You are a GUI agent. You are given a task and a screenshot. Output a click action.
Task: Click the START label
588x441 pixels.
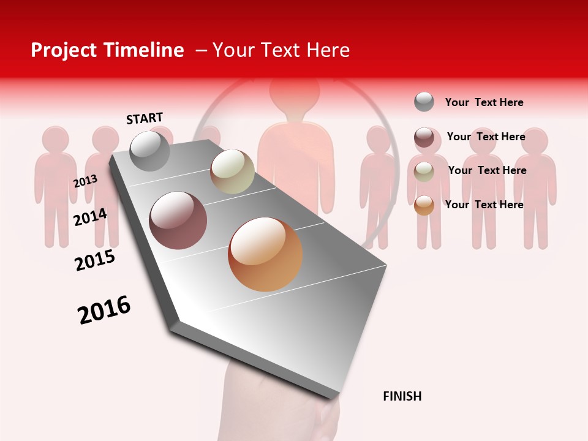point(145,118)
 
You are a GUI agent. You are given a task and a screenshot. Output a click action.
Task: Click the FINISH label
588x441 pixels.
point(402,396)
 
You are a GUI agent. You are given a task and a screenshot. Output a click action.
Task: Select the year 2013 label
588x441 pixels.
point(85,181)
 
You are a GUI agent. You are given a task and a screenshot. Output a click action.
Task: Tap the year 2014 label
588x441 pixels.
point(90,217)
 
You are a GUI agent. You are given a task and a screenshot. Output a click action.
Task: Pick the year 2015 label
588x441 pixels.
point(95,260)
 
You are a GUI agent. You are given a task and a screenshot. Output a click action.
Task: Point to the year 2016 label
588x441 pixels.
point(104,310)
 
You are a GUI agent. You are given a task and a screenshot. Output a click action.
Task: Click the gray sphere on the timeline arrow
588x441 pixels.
point(149,151)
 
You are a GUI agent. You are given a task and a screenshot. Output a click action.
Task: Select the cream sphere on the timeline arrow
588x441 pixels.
point(232,171)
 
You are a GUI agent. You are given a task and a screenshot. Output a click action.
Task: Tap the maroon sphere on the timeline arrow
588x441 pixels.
point(178,221)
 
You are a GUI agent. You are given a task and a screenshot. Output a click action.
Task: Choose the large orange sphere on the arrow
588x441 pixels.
point(265,254)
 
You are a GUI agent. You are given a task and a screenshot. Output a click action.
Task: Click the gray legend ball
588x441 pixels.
point(424,102)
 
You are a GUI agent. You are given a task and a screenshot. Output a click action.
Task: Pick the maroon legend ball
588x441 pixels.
point(424,137)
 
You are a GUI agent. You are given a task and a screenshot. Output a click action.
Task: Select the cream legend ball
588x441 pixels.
point(424,171)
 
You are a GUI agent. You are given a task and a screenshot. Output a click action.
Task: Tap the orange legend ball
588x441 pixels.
point(424,205)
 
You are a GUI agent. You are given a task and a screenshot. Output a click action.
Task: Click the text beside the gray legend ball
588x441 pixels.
point(484,102)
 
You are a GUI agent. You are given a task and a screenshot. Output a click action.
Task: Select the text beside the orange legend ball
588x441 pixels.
point(484,205)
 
